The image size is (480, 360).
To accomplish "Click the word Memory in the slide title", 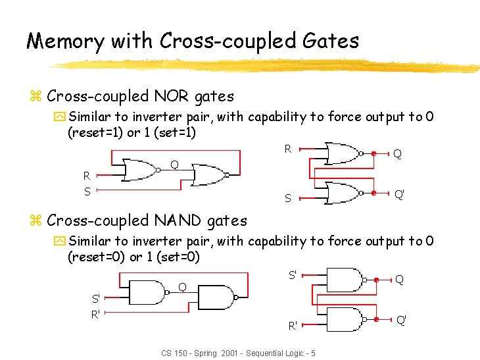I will [64, 41].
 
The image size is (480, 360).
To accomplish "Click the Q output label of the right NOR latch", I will [398, 154].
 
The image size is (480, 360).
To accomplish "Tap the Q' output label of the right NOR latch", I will [399, 194].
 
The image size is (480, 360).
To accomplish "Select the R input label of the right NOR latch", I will [288, 149].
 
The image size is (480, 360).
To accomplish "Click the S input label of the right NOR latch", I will [288, 198].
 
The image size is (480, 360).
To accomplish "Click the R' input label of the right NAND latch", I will [293, 324].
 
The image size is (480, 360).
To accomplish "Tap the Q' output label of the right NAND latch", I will [401, 320].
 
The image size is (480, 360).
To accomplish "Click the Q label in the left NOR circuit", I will [174, 164].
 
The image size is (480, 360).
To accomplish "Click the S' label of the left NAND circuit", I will [96, 299].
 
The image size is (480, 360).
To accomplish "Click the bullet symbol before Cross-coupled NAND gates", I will [36, 221].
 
